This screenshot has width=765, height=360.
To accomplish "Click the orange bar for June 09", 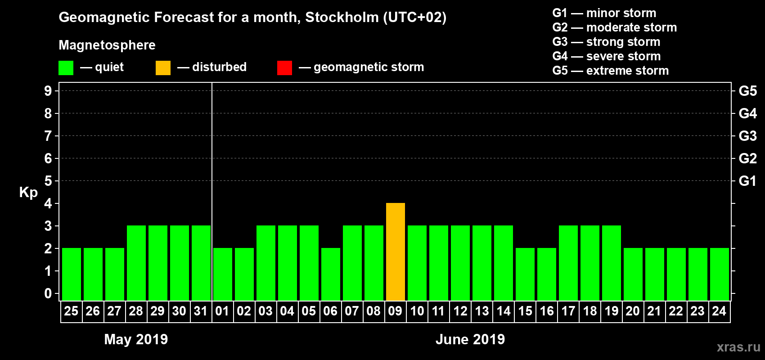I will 396,252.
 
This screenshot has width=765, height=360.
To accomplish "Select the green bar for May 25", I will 72,274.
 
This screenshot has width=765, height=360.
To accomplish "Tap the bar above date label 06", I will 331,274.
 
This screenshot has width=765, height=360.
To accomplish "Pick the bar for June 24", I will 720,274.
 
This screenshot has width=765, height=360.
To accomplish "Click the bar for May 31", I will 201,263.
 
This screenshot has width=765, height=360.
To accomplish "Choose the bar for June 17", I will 568,263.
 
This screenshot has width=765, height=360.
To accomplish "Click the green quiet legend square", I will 66,68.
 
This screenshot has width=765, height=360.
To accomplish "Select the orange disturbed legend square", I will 163,68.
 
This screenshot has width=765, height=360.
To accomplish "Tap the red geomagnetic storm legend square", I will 284,68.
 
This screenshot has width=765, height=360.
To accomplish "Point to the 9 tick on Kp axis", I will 48,91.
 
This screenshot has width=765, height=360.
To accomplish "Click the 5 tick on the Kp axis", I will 48,181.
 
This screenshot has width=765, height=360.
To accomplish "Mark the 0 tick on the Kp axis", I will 48,293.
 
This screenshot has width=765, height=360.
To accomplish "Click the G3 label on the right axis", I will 747,136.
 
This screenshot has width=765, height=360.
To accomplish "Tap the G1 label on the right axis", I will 747,181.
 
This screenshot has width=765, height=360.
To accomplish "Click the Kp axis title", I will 28,193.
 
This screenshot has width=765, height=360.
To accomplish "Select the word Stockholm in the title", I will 342,18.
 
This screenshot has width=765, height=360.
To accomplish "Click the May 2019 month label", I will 136,339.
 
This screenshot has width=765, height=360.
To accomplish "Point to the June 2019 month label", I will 470,339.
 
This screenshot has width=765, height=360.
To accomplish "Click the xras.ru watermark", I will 738,347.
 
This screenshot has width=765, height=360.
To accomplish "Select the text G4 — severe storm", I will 606,56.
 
